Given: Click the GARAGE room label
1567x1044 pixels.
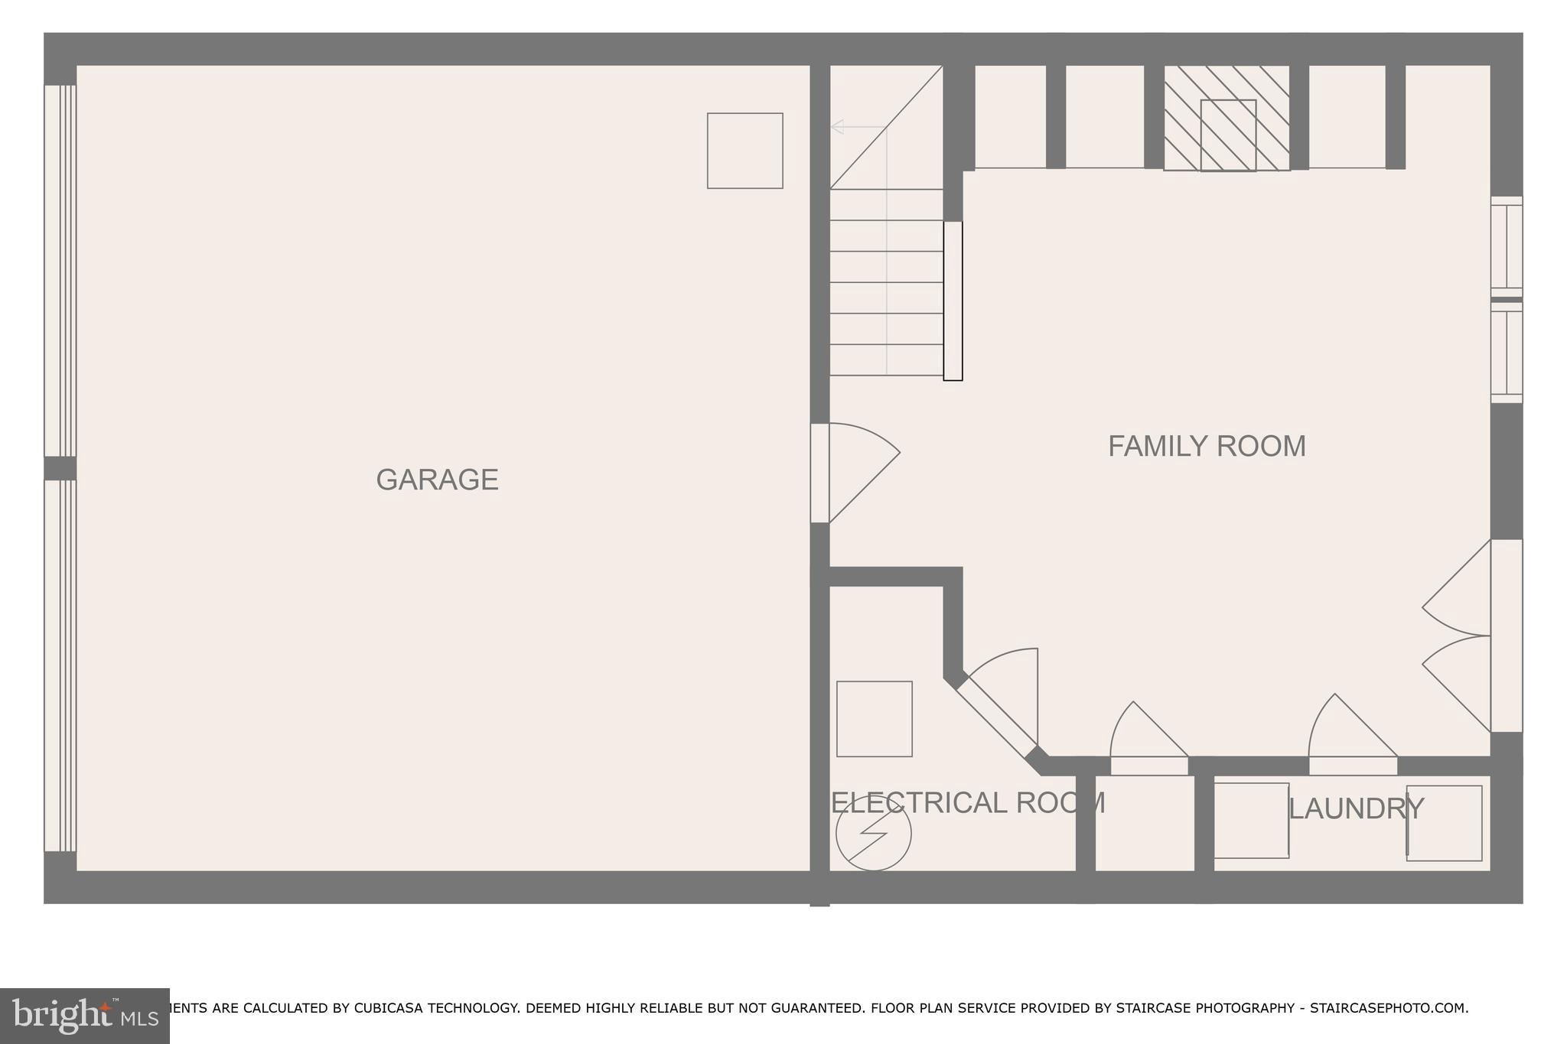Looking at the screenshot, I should (437, 480).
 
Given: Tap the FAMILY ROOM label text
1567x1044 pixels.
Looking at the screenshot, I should (1207, 446).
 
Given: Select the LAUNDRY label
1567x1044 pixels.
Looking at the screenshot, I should (1356, 808).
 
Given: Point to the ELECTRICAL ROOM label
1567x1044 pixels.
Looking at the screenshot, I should (968, 802).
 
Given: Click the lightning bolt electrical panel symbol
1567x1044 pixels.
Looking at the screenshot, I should (873, 834).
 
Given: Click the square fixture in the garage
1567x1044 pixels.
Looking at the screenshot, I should (744, 151).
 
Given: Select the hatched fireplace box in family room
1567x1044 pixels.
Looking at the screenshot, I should (1227, 119).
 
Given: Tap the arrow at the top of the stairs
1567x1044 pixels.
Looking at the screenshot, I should (837, 127).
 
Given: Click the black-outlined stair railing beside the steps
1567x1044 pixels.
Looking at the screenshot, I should (953, 301).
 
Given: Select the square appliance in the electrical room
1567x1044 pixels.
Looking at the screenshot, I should (874, 719).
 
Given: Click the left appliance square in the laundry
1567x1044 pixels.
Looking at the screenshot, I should (1251, 820).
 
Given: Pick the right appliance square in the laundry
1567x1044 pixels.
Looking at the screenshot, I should (1444, 823).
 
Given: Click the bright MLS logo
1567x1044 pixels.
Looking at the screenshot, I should (84, 1016).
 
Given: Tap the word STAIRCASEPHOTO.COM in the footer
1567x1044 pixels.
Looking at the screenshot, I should (1388, 1008).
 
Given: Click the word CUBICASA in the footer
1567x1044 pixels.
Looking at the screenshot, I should (388, 1008).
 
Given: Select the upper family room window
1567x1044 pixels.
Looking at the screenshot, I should (1506, 246).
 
